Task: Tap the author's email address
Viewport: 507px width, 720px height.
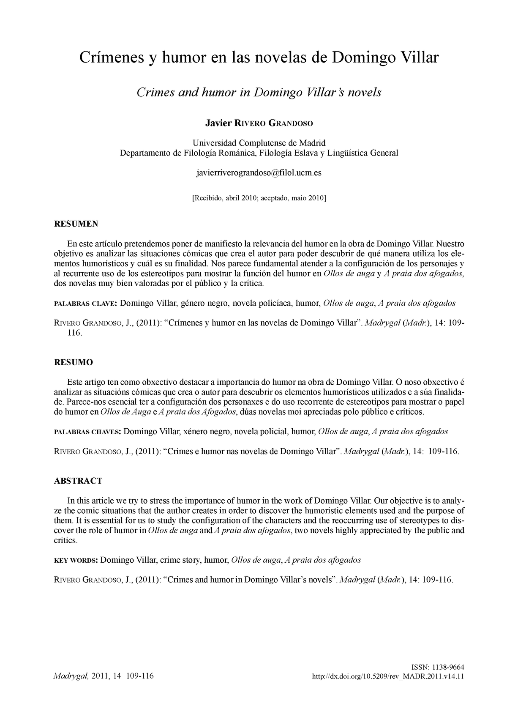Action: [259, 173]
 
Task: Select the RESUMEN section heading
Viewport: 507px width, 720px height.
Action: [76, 224]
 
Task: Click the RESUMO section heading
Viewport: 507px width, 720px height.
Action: [74, 362]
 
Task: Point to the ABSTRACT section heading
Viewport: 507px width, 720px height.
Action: [78, 481]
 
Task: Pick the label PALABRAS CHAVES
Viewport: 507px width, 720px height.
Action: [87, 432]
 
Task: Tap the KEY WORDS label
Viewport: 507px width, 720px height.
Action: [76, 560]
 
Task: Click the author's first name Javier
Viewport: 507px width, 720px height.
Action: [218, 123]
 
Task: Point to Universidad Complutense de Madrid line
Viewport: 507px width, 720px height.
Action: [259, 142]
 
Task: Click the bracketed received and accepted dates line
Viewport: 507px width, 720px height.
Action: [259, 198]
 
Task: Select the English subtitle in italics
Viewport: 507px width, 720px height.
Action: [259, 92]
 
